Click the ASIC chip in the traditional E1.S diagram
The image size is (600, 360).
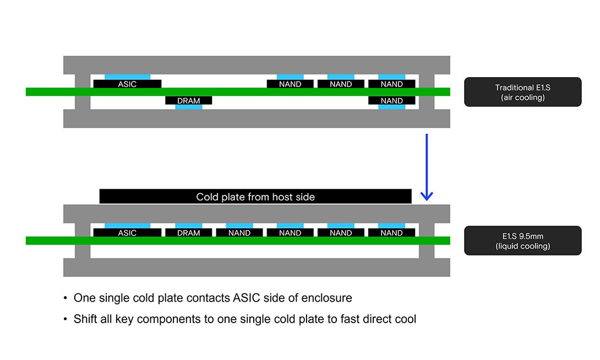pos(127,84)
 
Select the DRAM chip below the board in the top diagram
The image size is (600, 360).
pos(188,101)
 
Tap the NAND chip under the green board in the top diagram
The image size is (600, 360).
pos(391,101)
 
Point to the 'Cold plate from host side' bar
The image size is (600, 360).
pos(255,197)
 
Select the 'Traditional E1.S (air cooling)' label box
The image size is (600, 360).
pos(522,92)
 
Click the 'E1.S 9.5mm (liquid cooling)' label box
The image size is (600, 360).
pos(522,241)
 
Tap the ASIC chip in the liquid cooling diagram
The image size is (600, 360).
pos(127,233)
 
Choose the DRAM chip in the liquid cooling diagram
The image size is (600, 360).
pos(188,233)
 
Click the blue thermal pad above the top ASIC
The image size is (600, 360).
pos(127,77)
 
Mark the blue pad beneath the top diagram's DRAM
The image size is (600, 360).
pos(188,107)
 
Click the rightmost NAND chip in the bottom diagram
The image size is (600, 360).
pos(391,233)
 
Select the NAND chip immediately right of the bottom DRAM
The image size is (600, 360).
pos(239,233)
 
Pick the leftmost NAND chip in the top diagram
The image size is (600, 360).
pos(290,84)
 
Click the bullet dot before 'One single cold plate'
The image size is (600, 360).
pos(65,298)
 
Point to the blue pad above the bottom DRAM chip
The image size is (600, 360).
pos(188,226)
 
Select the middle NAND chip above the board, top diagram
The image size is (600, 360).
pos(341,84)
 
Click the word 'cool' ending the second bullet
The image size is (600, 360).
pos(405,319)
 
